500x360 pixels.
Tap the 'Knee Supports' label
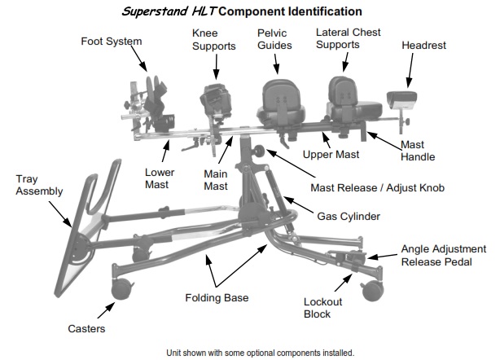(213, 39)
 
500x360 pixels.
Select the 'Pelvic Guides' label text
(274, 39)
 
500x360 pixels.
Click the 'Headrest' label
(423, 46)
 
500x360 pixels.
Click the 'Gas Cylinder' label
(349, 216)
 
